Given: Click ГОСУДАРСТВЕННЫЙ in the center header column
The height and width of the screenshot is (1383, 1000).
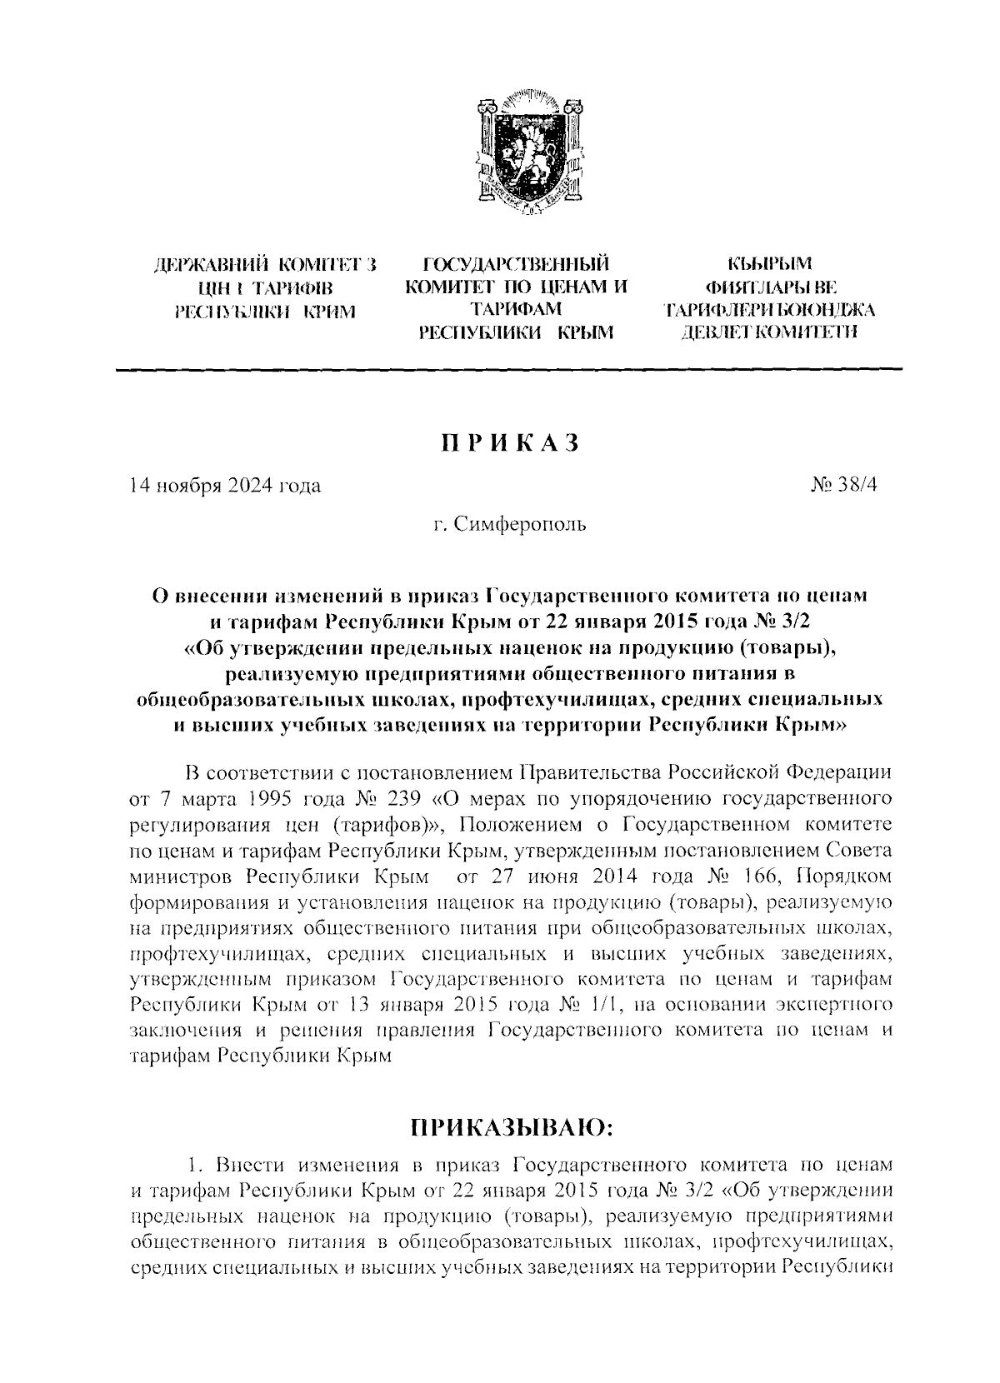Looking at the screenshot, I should [516, 266].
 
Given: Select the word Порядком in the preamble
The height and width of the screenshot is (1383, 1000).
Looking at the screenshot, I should [838, 877].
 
